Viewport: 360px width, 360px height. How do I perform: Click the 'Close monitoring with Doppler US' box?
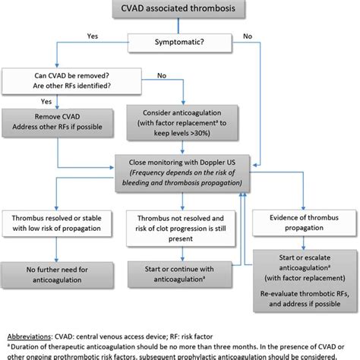(x=187, y=172)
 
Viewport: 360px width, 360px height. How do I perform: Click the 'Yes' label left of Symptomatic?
(x=92, y=36)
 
